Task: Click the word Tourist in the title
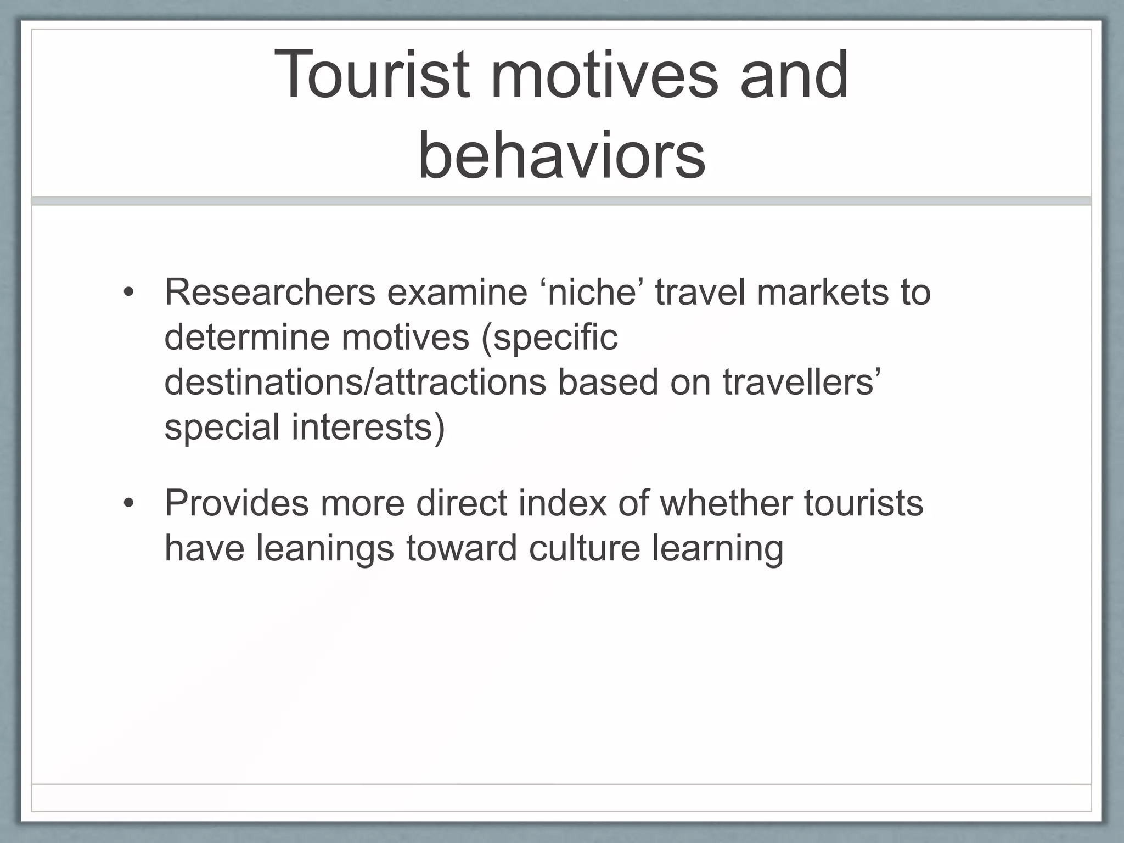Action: coord(372,75)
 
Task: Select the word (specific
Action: coord(549,337)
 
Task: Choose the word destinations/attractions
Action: coord(355,382)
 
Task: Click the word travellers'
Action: coord(802,382)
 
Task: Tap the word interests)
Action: coord(368,427)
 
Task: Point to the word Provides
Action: coord(237,503)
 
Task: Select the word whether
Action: coord(726,503)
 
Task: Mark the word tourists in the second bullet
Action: coord(864,503)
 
